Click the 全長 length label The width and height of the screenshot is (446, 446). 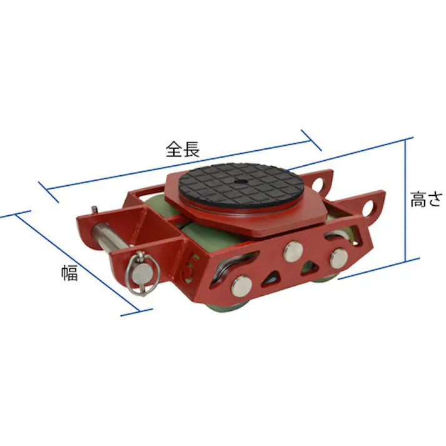point(182,150)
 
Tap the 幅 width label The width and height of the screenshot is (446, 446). point(69,273)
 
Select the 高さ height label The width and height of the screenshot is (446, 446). point(426,199)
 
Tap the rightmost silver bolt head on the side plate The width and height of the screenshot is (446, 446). point(338,256)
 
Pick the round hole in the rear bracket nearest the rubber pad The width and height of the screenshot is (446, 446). point(322,185)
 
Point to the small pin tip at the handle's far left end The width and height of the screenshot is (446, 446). point(93,210)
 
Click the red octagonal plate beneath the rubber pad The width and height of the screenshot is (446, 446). point(263,221)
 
